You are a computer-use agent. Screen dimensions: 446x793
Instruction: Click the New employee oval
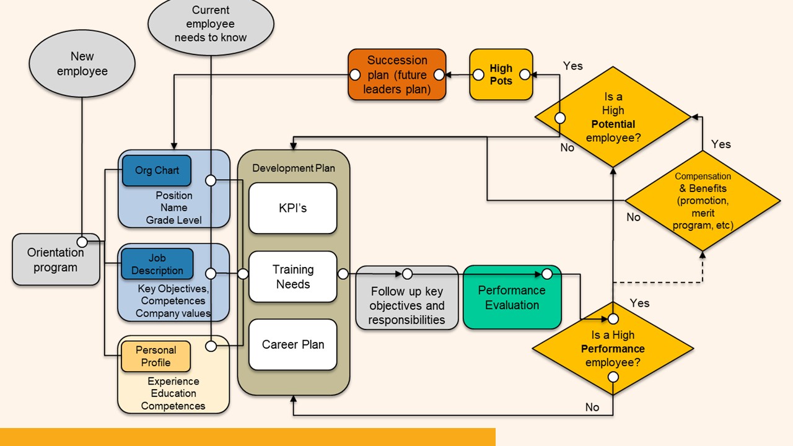click(x=82, y=64)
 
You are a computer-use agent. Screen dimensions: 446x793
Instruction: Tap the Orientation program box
click(x=56, y=260)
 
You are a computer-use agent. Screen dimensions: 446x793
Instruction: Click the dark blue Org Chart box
click(x=157, y=170)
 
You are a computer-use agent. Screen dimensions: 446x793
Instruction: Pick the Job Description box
click(x=157, y=265)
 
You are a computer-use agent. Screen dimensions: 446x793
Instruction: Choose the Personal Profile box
click(x=156, y=356)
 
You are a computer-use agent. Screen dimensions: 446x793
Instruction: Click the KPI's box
click(x=293, y=208)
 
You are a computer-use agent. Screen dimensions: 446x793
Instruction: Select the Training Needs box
click(x=293, y=277)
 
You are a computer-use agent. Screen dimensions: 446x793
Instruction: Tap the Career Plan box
click(x=293, y=345)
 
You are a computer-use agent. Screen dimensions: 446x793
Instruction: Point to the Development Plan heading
click(x=294, y=168)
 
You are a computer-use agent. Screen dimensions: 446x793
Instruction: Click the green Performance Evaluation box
click(x=512, y=297)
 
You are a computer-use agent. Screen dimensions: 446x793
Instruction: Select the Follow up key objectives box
click(x=407, y=305)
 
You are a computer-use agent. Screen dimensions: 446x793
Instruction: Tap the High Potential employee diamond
click(x=613, y=118)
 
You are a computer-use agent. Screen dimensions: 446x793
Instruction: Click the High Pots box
click(x=501, y=74)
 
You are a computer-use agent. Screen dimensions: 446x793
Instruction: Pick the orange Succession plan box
click(x=397, y=74)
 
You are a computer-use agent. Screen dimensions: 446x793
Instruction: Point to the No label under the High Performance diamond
click(x=592, y=407)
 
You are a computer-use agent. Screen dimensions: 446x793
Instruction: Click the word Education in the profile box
click(x=173, y=393)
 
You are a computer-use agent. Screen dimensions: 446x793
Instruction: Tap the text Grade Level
click(x=173, y=220)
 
